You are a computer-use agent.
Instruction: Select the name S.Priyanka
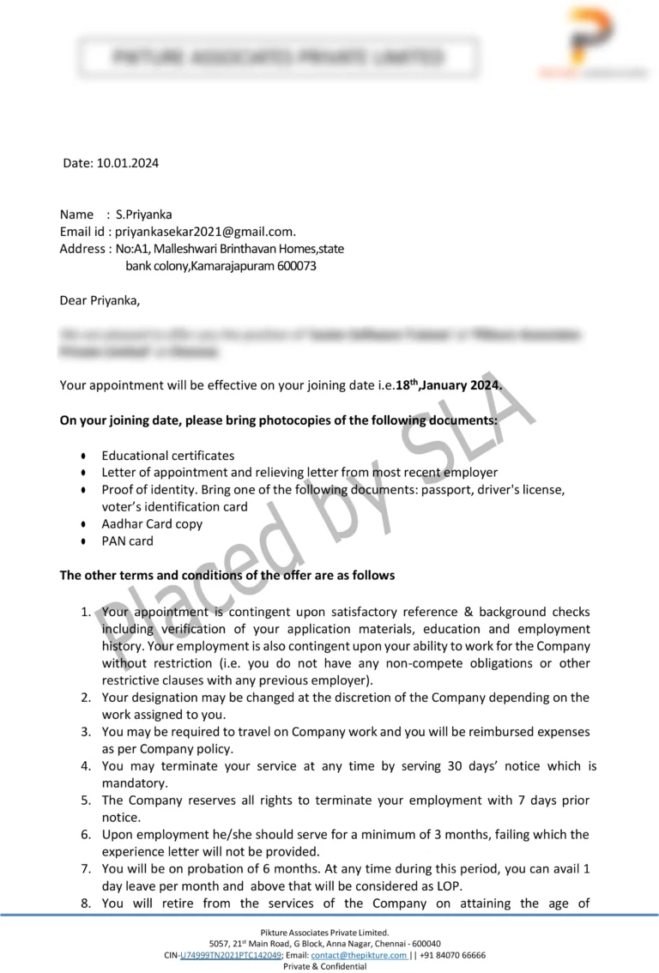tap(143, 215)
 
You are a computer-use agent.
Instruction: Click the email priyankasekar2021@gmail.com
tap(205, 232)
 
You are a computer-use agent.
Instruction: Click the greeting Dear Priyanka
tap(99, 300)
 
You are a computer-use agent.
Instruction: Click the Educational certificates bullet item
tap(167, 456)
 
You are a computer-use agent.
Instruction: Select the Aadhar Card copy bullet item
tap(152, 523)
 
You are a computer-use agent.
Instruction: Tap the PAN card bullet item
tap(127, 541)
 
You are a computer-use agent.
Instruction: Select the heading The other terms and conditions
tap(227, 575)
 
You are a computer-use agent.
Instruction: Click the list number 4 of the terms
tap(86, 766)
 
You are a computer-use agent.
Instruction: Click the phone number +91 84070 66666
tap(452, 955)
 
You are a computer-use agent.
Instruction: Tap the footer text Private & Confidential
tap(325, 966)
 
